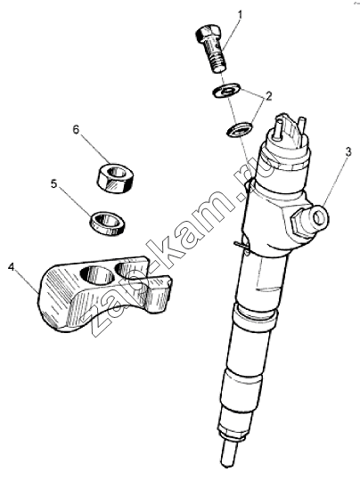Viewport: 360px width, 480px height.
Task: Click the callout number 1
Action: coord(241,14)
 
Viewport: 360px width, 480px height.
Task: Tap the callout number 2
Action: coord(268,96)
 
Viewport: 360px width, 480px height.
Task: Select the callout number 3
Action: coord(348,153)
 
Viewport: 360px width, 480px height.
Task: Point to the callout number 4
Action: coord(12,267)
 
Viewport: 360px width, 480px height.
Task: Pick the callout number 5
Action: coord(54,184)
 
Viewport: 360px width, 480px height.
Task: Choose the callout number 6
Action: coord(76,129)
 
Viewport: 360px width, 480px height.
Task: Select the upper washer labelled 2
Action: coord(226,90)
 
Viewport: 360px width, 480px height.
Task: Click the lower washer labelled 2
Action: coord(240,130)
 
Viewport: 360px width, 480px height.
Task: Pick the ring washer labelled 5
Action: coord(108,224)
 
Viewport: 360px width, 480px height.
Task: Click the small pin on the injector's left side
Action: coord(241,244)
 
